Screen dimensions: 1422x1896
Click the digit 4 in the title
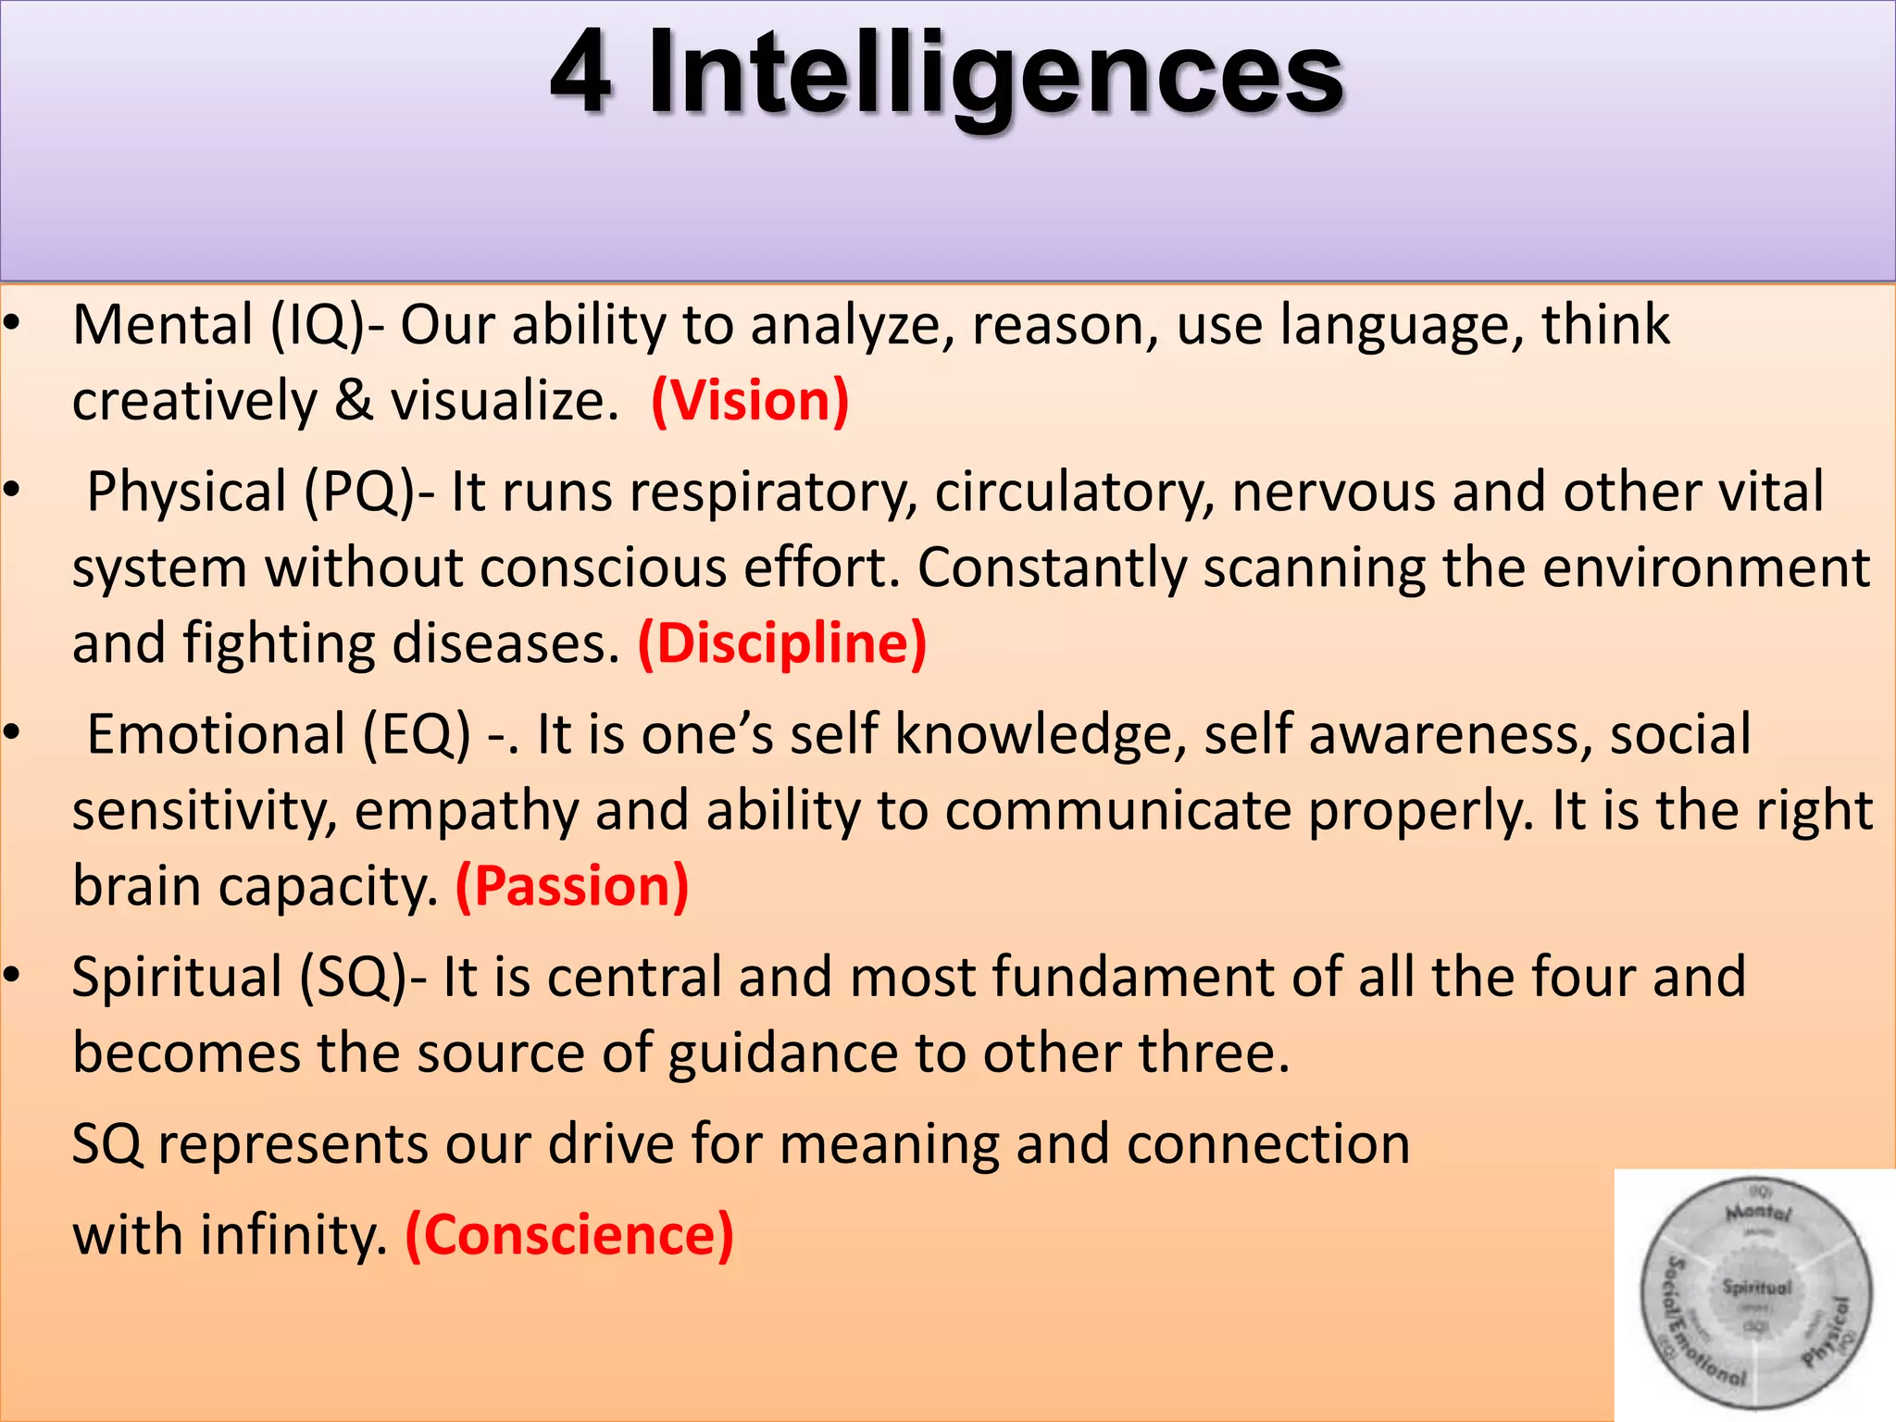pos(580,74)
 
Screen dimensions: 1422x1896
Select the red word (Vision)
pos(750,401)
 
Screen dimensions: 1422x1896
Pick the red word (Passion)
pos(572,886)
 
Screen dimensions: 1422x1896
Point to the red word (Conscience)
pos(569,1235)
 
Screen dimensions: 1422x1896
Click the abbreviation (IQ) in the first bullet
pos(318,326)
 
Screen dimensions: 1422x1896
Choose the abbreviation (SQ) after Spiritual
pos(353,978)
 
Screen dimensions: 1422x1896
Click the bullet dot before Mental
pos(11,324)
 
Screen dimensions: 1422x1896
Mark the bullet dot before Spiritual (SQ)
pos(11,975)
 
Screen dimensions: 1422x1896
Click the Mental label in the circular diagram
pos(1758,1212)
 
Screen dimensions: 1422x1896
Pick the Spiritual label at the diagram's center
pos(1756,1287)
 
